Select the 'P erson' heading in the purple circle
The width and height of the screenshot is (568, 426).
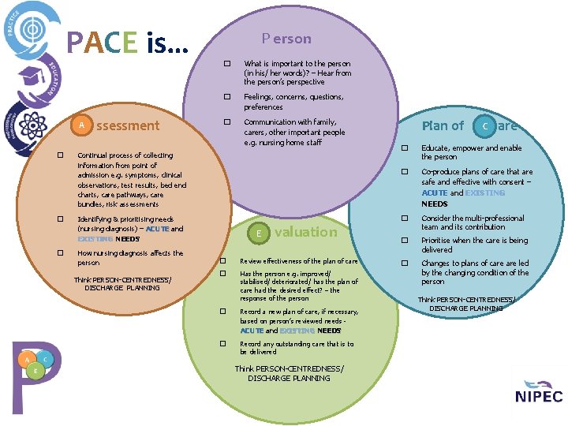pyautogui.click(x=286, y=38)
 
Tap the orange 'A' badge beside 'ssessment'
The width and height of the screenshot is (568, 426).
pyautogui.click(x=81, y=125)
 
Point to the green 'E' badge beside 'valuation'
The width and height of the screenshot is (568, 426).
pyautogui.click(x=260, y=233)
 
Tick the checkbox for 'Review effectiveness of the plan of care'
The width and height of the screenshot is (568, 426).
pyautogui.click(x=223, y=261)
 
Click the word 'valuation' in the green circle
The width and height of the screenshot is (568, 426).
pyautogui.click(x=305, y=232)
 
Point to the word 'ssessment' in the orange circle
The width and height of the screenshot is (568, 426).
pyautogui.click(x=127, y=125)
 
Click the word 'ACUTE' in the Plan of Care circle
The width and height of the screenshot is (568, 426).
pyautogui.click(x=434, y=192)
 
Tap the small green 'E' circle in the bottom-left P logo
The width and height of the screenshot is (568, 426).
pyautogui.click(x=35, y=370)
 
